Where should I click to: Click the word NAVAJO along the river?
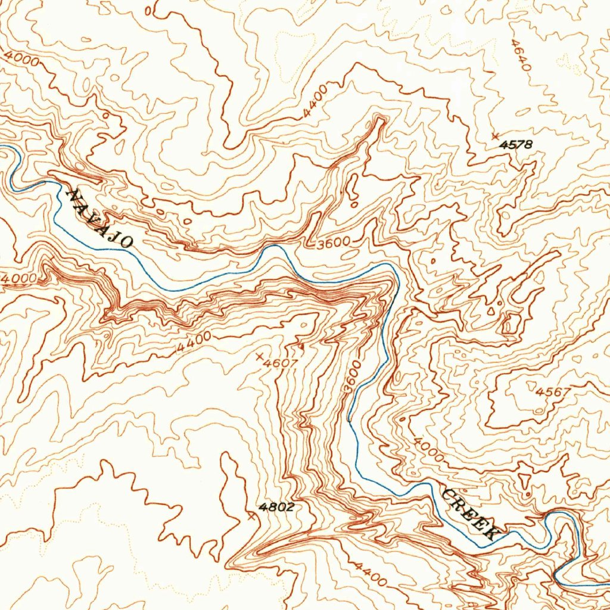(99, 218)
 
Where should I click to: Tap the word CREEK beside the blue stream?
(470, 513)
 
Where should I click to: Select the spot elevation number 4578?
(516, 144)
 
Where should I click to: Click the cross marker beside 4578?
(495, 136)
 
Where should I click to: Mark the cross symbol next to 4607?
(259, 356)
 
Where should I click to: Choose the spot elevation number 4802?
(277, 507)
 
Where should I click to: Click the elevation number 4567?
(553, 392)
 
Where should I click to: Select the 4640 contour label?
(521, 55)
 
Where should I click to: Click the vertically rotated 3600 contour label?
(353, 376)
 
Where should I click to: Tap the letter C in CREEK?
(450, 494)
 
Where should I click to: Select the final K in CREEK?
(489, 532)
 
